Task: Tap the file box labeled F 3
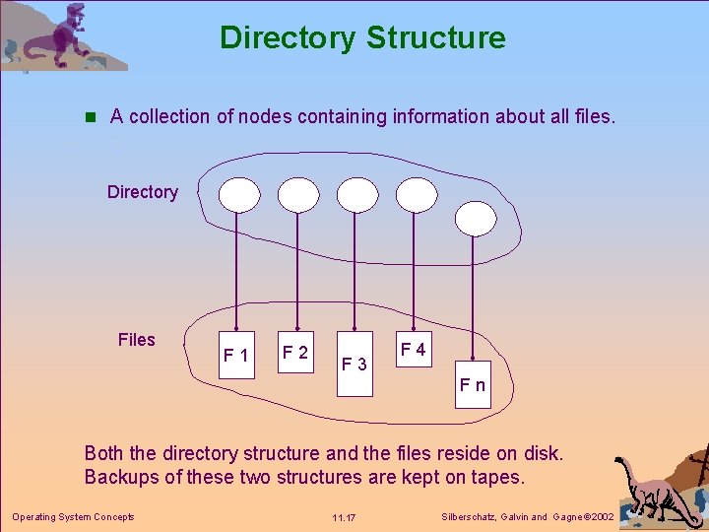coord(354,365)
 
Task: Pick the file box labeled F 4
coord(414,350)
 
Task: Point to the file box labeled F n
coord(473,385)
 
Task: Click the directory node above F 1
coord(238,196)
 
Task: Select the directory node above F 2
coord(297,196)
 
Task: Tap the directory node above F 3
coord(357,196)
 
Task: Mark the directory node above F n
coord(476,219)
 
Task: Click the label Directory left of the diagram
coord(143,192)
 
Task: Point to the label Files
coord(137,340)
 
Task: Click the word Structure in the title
coord(435,37)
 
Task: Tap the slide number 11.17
coord(344,517)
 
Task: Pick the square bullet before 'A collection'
coord(90,117)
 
